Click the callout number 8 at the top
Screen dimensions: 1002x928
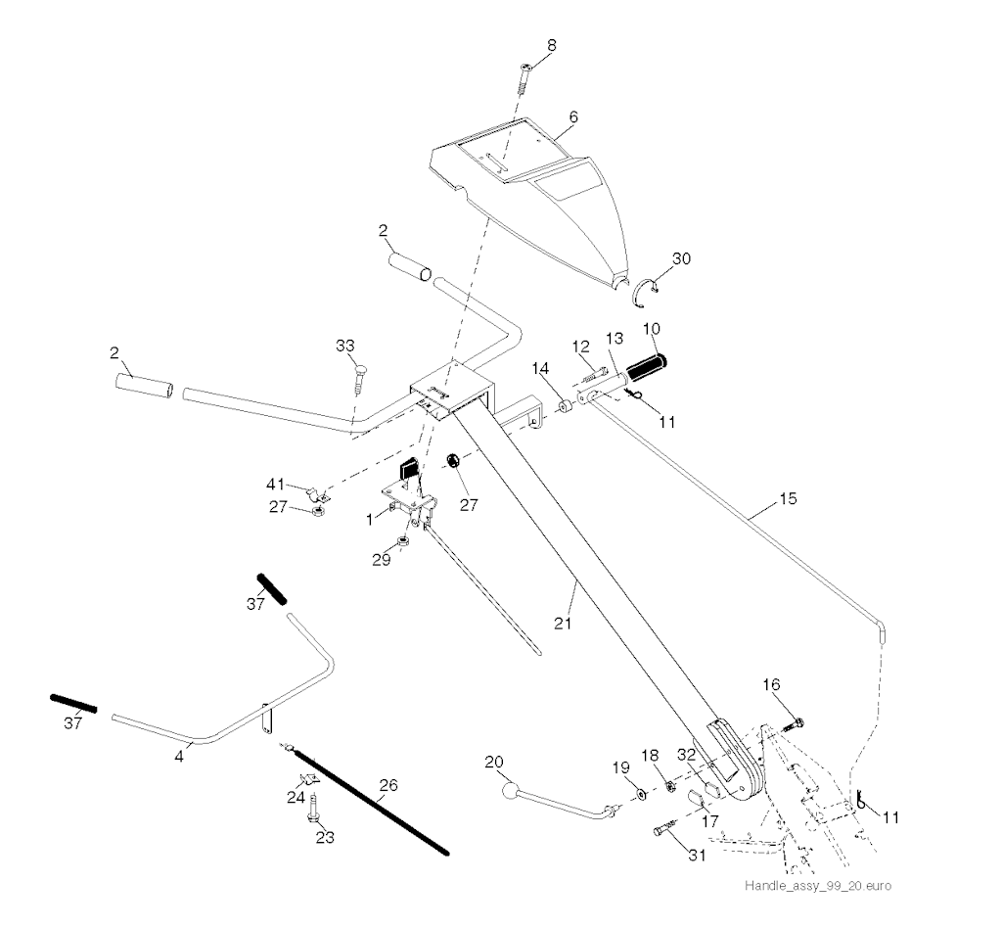552,45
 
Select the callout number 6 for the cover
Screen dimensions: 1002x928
573,117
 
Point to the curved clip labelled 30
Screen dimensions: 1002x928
648,292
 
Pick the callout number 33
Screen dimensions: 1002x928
345,346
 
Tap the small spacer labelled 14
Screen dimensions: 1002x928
565,406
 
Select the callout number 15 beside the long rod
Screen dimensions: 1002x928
789,498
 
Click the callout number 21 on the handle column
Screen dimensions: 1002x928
563,623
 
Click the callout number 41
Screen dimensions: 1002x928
276,485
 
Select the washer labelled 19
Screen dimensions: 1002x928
641,795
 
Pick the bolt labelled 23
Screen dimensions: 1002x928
314,807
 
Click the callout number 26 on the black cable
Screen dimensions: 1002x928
388,785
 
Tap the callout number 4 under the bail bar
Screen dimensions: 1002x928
180,756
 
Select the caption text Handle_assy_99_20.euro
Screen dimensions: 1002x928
818,885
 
